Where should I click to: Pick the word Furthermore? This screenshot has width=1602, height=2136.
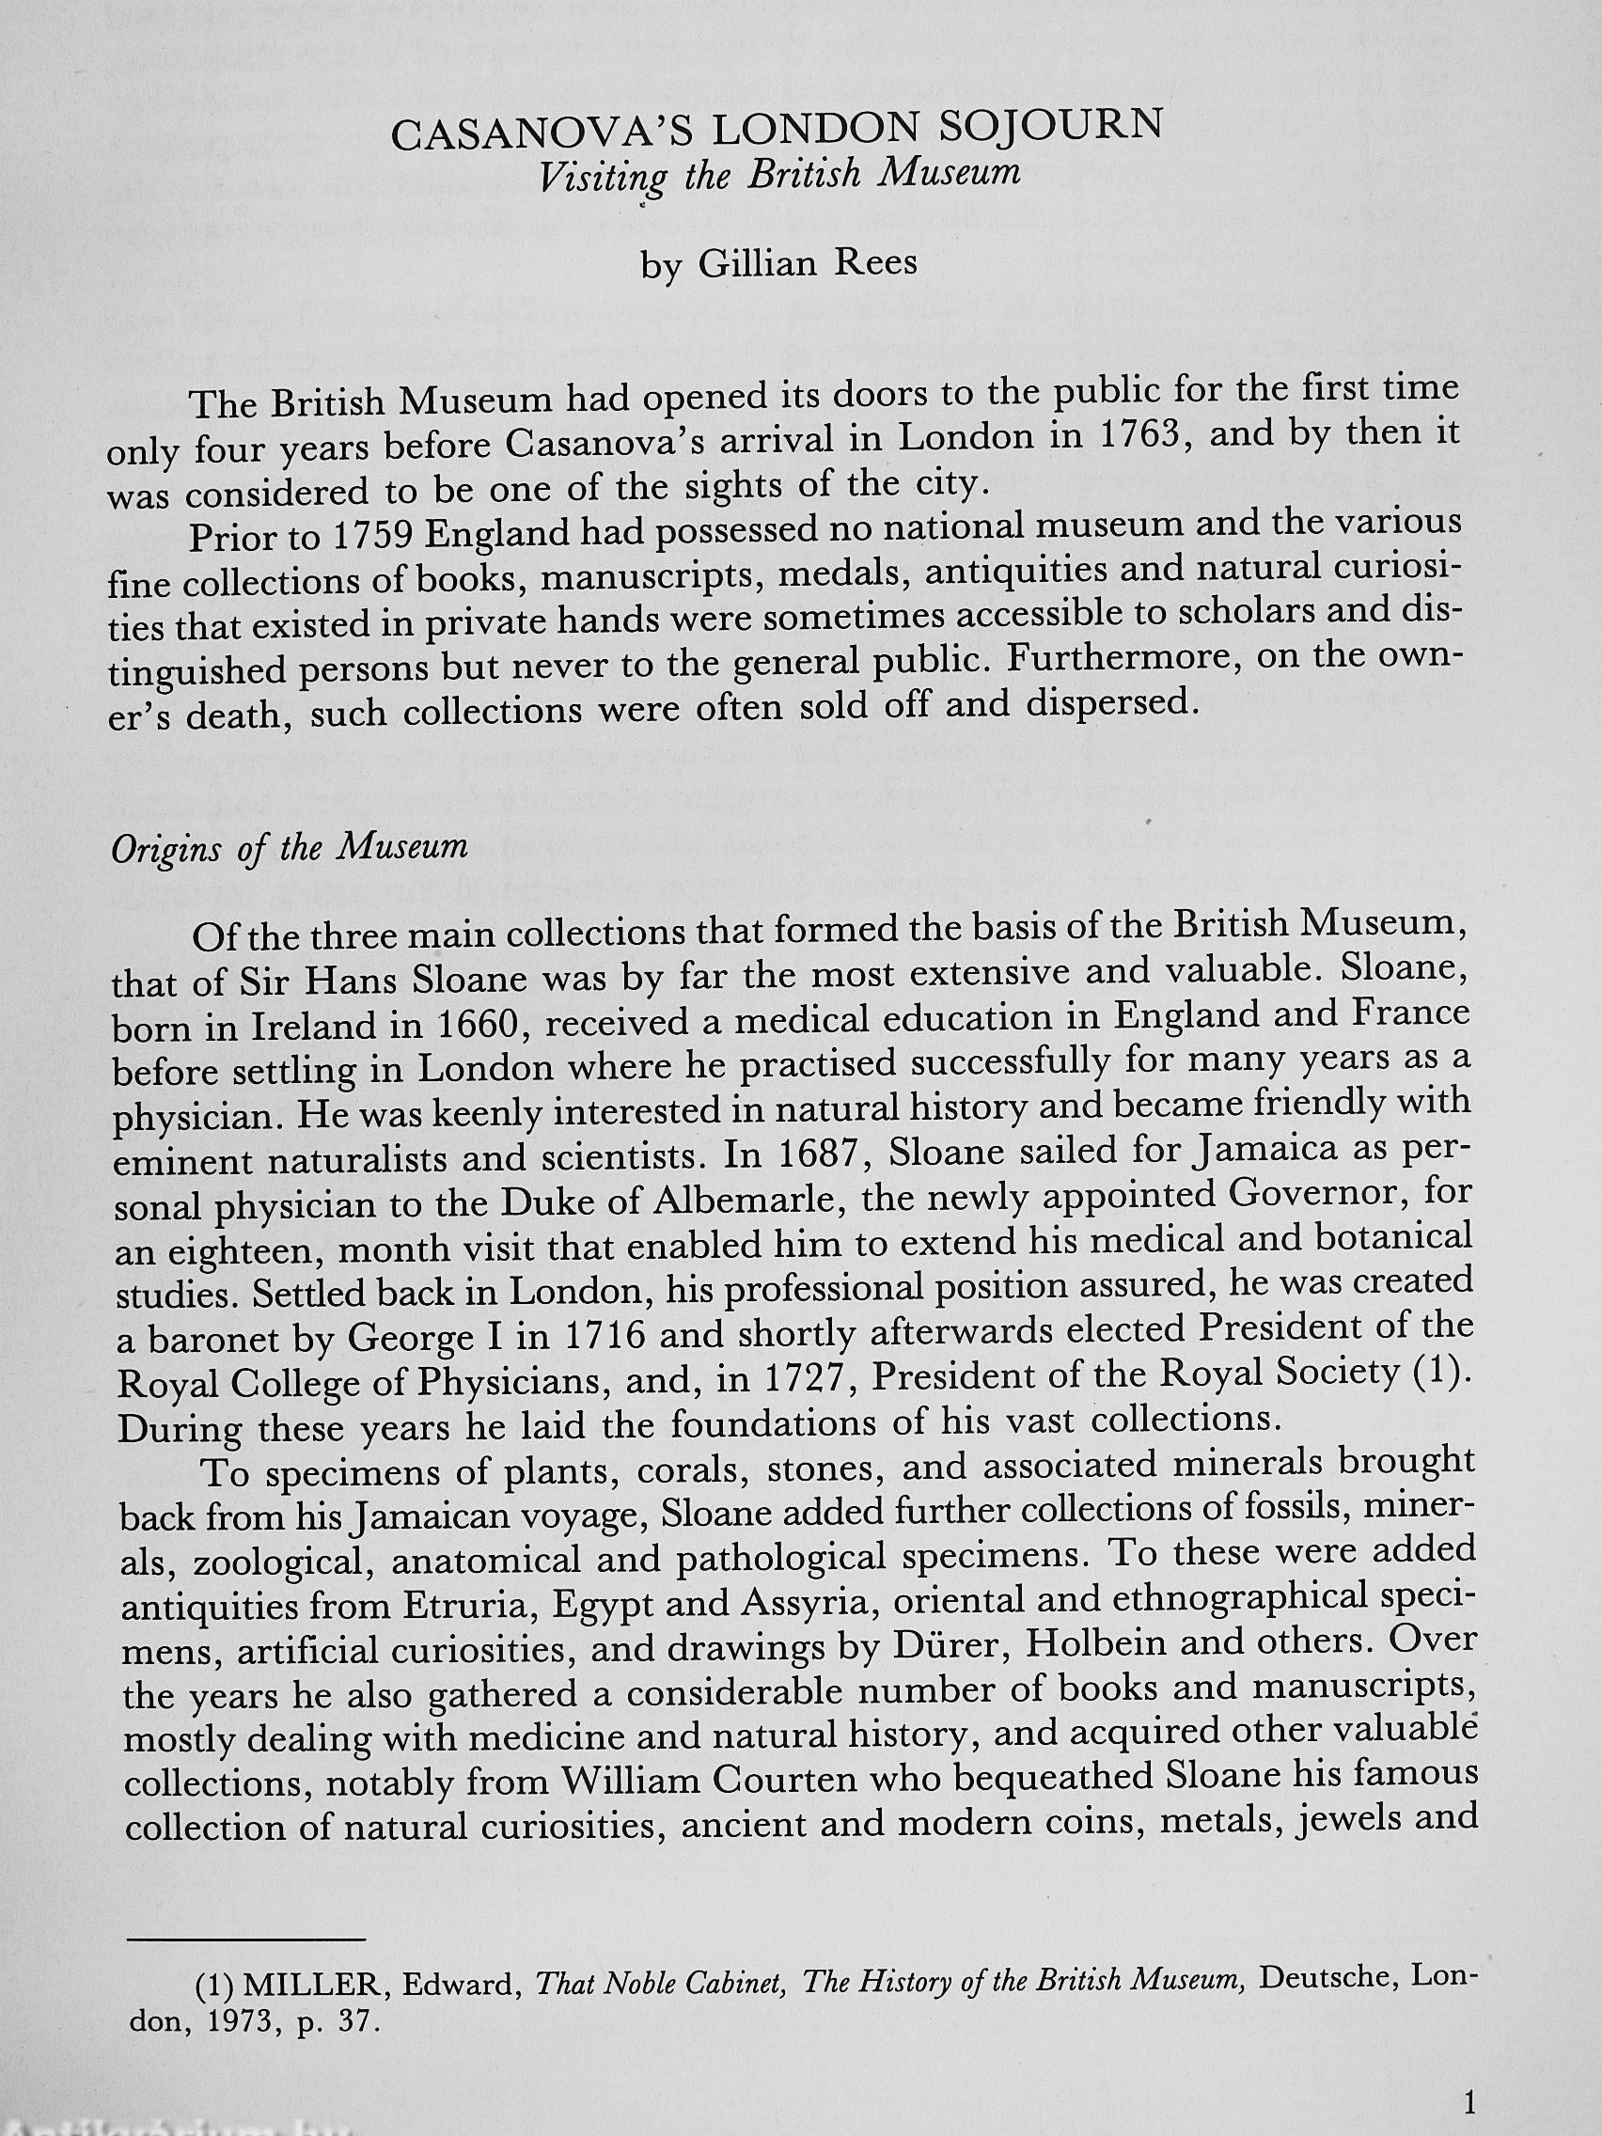click(1124, 660)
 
